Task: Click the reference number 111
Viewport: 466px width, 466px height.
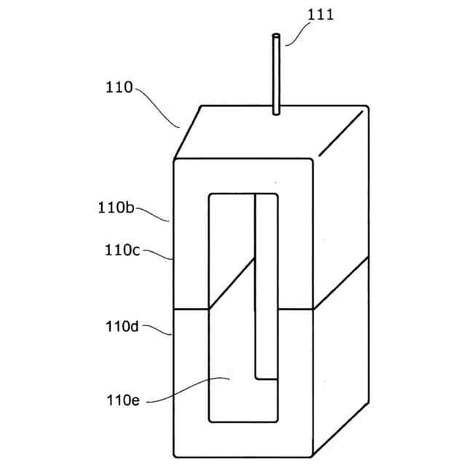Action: pos(320,15)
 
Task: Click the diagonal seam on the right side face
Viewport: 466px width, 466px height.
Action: pos(341,284)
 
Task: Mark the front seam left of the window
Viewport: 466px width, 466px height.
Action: pos(191,309)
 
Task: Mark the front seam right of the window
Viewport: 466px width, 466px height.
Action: pos(296,309)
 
